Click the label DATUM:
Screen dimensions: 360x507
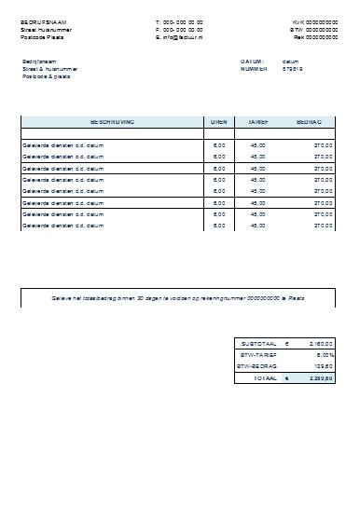(252, 62)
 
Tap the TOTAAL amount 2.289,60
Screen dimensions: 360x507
(320, 378)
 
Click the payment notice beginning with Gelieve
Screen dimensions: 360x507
(176, 297)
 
